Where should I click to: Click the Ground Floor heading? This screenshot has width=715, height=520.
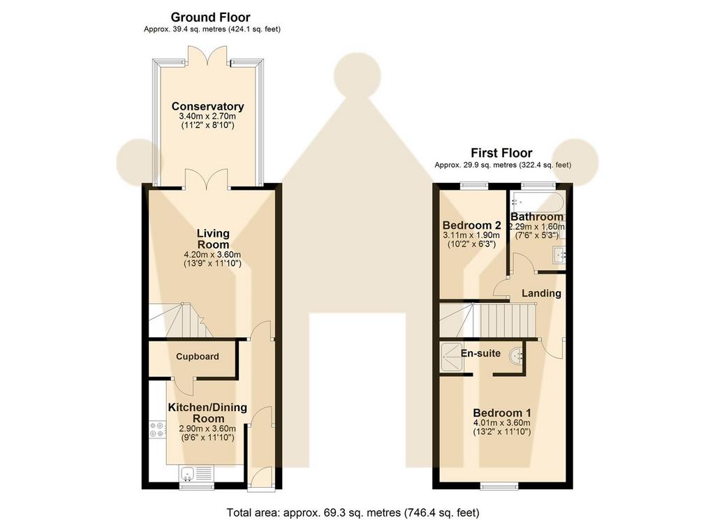click(210, 17)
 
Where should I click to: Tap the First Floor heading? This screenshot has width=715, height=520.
click(501, 153)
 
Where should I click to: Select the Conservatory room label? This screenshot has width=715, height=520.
click(207, 106)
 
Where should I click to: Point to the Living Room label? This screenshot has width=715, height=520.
click(213, 239)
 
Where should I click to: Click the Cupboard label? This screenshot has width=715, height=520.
click(198, 357)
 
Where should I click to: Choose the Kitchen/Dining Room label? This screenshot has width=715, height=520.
click(207, 413)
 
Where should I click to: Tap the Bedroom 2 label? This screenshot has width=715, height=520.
click(471, 225)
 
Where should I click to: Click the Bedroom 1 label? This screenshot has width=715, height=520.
click(501, 413)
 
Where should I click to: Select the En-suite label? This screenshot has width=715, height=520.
click(480, 353)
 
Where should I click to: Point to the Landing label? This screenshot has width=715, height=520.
click(541, 293)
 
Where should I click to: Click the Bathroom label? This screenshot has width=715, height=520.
click(537, 217)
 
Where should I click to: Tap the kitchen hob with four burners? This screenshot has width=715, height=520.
click(157, 430)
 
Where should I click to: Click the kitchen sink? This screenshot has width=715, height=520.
click(196, 473)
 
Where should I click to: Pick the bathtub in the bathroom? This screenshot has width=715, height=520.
click(538, 202)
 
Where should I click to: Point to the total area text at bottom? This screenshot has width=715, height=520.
click(353, 512)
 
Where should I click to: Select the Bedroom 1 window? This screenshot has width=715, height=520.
click(499, 486)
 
